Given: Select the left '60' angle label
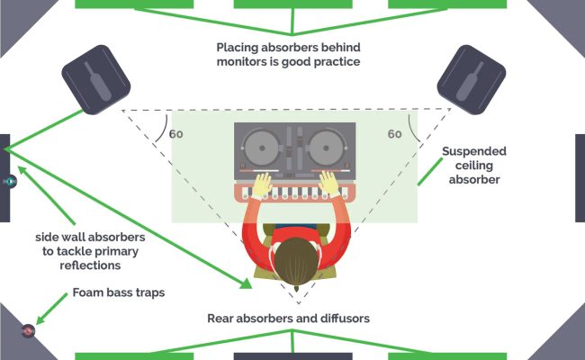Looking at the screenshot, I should pyautogui.click(x=176, y=134).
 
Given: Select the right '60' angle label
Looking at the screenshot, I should pyautogui.click(x=394, y=134).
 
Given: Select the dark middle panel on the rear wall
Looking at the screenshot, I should pyautogui.click(x=292, y=355).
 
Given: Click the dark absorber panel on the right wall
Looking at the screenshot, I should pyautogui.click(x=580, y=177).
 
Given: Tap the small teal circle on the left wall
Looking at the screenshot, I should pyautogui.click(x=11, y=181).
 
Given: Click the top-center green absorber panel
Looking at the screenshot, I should pyautogui.click(x=292, y=4).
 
